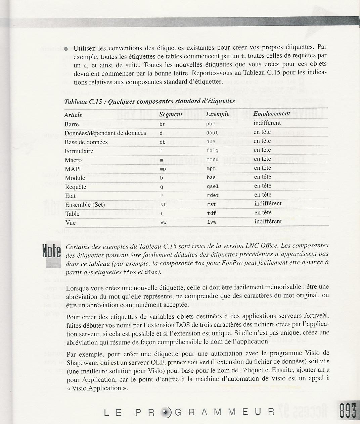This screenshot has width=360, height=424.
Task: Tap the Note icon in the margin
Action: (x=52, y=252)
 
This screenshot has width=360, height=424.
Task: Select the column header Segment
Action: (x=171, y=114)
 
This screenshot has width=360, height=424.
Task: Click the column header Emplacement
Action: (x=271, y=114)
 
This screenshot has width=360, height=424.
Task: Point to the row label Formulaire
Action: (x=79, y=151)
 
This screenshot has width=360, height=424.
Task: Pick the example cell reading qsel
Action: (x=213, y=187)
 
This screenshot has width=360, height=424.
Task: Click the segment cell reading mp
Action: (x=163, y=169)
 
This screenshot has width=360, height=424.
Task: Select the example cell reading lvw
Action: (x=211, y=222)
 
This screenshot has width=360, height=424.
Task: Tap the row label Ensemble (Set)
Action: (x=85, y=205)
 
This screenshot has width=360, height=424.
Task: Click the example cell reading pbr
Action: (x=211, y=124)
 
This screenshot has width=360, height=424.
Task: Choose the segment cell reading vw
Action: (x=164, y=222)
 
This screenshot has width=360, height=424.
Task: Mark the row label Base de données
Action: (x=86, y=142)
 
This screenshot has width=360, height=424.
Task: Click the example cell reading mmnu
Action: (x=213, y=160)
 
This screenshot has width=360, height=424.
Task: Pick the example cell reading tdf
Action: (x=211, y=213)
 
